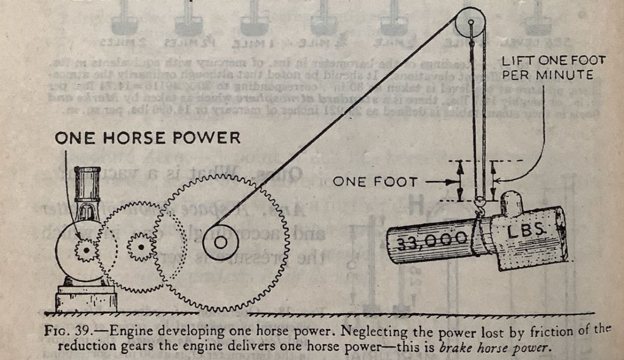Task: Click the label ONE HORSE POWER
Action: tap(147, 138)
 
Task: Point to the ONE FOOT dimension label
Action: tap(374, 182)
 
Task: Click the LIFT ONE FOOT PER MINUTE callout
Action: tap(546, 68)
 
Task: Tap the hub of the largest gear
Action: tap(220, 242)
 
